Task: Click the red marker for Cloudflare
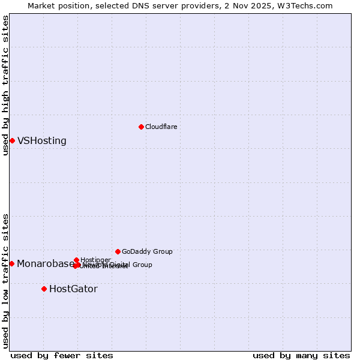tap(141, 127)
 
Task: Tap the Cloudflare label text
tap(161, 127)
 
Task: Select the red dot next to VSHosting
tap(12, 140)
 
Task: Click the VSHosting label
tap(42, 141)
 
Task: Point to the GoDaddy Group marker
tap(118, 251)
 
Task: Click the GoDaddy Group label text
tap(147, 251)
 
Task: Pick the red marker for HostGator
tap(44, 289)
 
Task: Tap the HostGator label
tap(73, 289)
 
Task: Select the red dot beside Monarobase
tap(11, 263)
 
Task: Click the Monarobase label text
tap(46, 264)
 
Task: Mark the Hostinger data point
tap(76, 260)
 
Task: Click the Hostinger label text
tap(95, 260)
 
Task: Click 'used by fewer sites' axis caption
tap(62, 355)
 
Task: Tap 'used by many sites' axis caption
tap(301, 355)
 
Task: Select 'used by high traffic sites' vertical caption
tap(5, 85)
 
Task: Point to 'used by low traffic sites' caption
tap(5, 280)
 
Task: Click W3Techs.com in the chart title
tap(308, 5)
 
